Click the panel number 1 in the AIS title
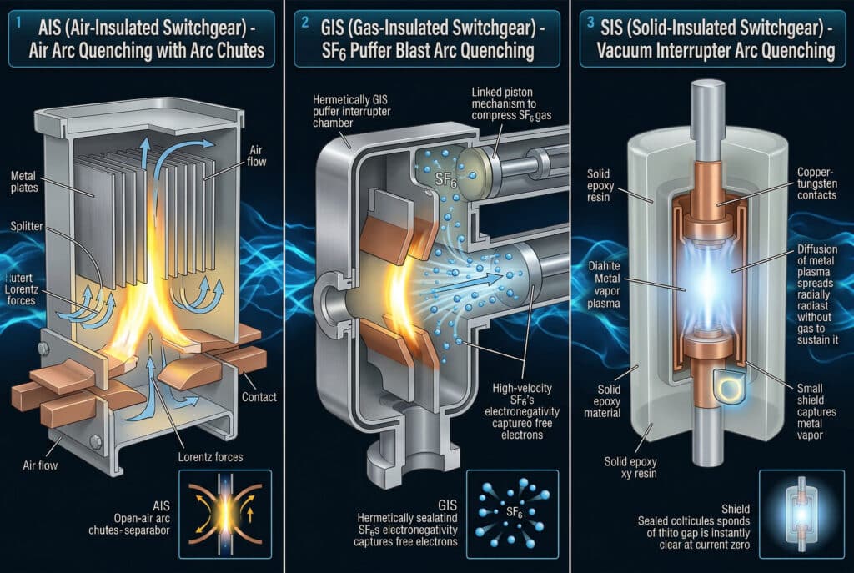click(x=18, y=23)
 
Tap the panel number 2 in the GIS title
click(x=305, y=23)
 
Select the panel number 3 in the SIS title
click(x=590, y=23)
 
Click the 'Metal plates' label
click(x=24, y=182)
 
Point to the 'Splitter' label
click(x=26, y=226)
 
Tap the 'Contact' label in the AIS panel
click(x=259, y=397)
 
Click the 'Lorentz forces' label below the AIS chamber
click(x=210, y=457)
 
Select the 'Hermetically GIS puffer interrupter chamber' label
click(x=351, y=111)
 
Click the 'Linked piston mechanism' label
click(x=511, y=103)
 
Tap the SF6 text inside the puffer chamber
click(x=445, y=180)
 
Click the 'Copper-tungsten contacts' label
click(x=817, y=183)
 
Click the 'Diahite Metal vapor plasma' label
click(x=604, y=284)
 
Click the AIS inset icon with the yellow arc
click(x=225, y=514)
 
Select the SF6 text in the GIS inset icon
click(x=514, y=513)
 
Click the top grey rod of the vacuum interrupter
click(x=708, y=120)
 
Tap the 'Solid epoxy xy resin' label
click(x=630, y=467)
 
